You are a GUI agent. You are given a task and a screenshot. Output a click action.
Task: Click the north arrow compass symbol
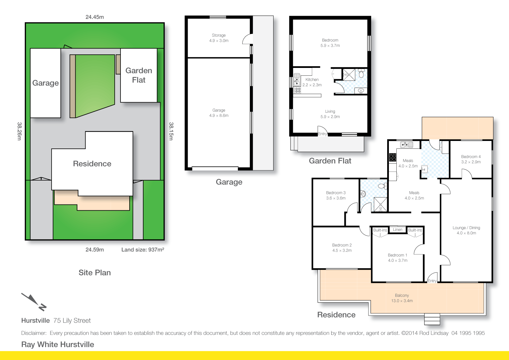(x=34, y=302)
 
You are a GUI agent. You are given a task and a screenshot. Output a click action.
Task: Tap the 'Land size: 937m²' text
(x=143, y=250)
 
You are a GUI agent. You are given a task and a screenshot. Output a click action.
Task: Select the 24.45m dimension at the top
(x=95, y=17)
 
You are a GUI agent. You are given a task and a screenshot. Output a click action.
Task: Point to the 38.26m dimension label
(x=19, y=131)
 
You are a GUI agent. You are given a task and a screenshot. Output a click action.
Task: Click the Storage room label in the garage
(x=219, y=38)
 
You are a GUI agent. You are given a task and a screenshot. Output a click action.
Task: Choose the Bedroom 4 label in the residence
(x=471, y=159)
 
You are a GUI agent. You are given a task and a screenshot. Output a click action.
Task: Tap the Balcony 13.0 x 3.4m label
(x=402, y=298)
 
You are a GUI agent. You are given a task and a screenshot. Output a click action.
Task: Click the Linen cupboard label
(x=397, y=230)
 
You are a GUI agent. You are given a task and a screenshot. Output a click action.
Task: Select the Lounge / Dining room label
(x=466, y=230)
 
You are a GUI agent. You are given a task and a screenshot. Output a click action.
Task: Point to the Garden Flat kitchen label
(x=312, y=82)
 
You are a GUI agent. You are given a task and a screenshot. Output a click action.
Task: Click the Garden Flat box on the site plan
(x=139, y=75)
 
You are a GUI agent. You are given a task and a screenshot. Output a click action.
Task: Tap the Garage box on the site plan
(x=45, y=83)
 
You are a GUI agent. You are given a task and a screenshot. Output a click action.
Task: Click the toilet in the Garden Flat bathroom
(x=361, y=74)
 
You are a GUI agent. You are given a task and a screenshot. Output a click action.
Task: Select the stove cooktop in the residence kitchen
(x=393, y=158)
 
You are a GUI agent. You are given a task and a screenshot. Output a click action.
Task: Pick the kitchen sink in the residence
(x=406, y=145)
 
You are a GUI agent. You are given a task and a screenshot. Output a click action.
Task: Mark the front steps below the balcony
(x=432, y=320)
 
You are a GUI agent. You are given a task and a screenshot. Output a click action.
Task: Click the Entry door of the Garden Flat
(x=322, y=131)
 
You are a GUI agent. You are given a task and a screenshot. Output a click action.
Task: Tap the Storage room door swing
(x=248, y=39)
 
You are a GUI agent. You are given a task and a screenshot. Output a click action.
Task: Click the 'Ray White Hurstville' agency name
(x=58, y=344)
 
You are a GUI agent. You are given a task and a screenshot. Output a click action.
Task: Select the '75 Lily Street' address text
(x=72, y=321)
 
